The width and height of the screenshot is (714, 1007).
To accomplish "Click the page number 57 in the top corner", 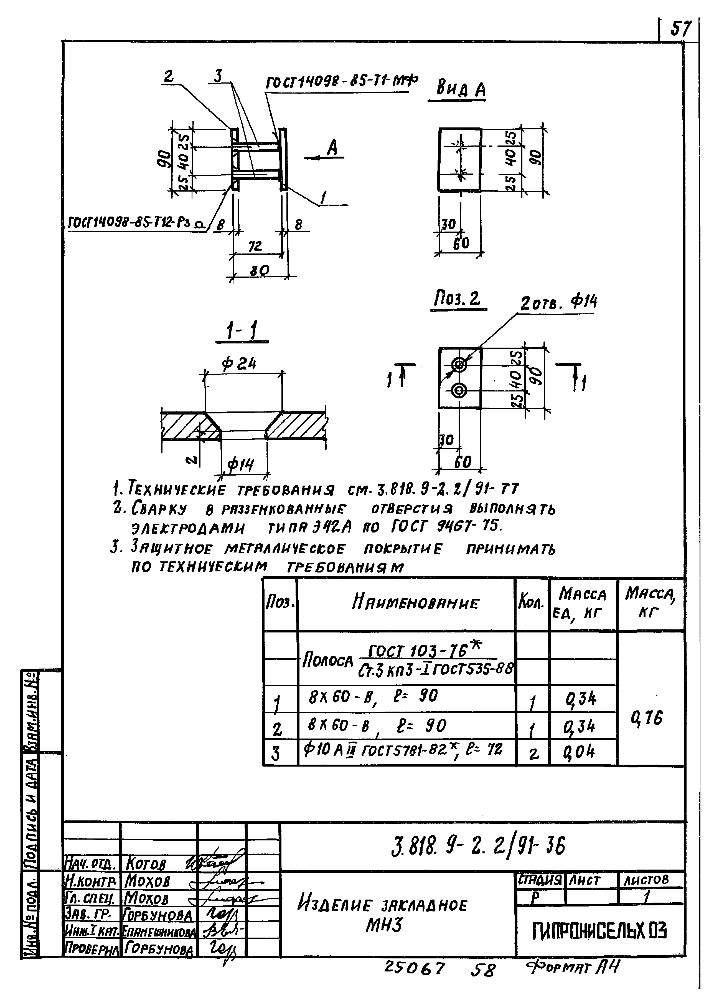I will coord(680,29).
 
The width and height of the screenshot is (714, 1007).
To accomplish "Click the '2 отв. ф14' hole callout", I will coord(558,303).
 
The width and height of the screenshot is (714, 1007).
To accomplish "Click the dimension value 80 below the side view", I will coord(259,270).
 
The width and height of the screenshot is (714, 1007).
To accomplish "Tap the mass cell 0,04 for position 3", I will coord(580,752).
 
